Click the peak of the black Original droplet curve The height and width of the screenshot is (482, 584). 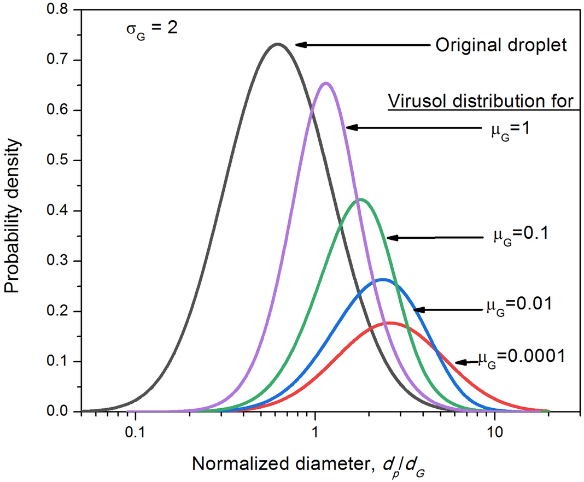click(x=278, y=44)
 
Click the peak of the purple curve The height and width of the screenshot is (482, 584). click(x=326, y=84)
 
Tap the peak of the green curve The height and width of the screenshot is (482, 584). click(x=361, y=199)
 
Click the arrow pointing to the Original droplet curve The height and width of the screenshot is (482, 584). click(x=361, y=45)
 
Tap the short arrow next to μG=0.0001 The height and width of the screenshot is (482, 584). click(x=465, y=362)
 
